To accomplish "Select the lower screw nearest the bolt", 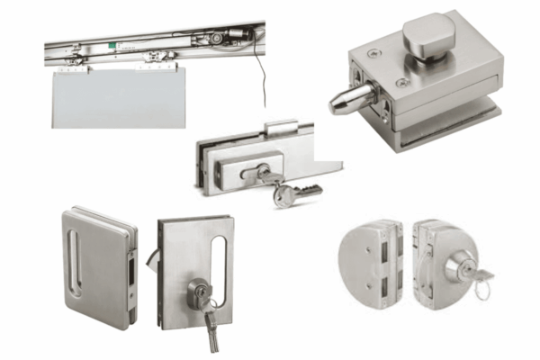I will coord(400,82).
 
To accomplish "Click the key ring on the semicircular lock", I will coord(483,290).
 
